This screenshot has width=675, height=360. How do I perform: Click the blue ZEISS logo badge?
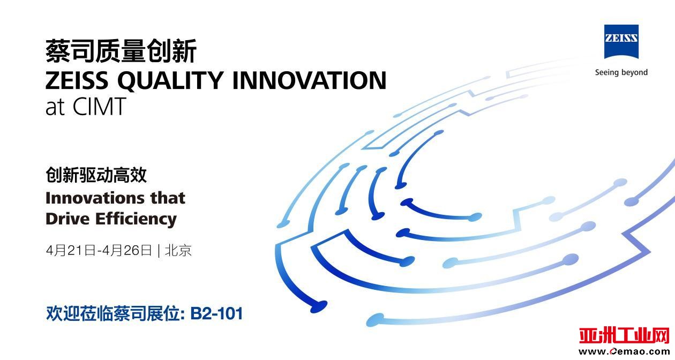tap(621, 42)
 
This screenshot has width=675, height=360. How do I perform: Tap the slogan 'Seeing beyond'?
tap(621, 73)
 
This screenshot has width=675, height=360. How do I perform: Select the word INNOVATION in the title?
tap(310, 80)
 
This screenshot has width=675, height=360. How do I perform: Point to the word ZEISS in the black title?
tap(77, 80)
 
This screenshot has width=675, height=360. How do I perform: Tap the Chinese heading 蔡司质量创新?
tap(121, 51)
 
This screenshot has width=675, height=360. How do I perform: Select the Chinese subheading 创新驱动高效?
tap(96, 175)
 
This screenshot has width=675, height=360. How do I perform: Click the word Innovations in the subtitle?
tap(95, 198)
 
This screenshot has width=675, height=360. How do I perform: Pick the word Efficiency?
tap(136, 219)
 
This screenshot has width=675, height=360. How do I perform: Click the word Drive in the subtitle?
tap(67, 219)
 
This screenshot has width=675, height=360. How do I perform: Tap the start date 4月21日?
tap(71, 250)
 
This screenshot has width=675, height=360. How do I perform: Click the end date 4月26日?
tap(127, 250)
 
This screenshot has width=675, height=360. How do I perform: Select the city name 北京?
tap(178, 250)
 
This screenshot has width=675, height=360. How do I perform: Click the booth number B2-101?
tap(216, 313)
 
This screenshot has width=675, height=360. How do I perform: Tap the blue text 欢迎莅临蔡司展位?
tap(114, 313)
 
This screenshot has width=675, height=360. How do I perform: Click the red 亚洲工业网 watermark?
tap(624, 336)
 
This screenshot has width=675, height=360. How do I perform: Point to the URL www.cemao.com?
tap(624, 351)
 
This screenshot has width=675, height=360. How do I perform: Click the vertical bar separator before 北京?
tap(159, 251)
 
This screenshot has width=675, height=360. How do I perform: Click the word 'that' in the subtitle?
tap(168, 198)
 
